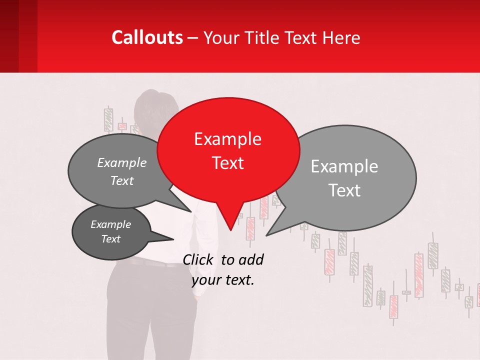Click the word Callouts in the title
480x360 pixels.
147,37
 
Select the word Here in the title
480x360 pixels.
341,37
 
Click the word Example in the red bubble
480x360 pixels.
227,139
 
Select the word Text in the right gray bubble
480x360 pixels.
344,190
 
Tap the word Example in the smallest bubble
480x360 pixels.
110,224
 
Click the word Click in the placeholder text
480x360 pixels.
199,259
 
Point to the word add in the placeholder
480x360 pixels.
251,259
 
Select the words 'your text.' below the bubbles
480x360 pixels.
223,280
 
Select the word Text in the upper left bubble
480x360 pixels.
121,180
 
